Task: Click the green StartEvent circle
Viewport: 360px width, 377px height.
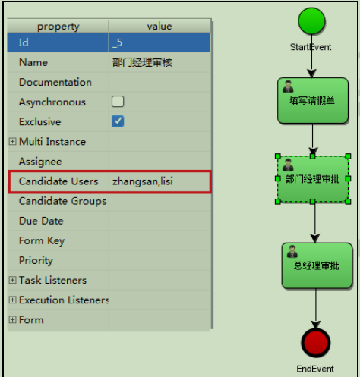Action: tap(311, 21)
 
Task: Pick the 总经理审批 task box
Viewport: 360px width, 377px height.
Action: tap(316, 265)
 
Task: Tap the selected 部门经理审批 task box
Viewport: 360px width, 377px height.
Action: tap(313, 179)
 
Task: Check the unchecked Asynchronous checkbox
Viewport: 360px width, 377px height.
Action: tap(118, 102)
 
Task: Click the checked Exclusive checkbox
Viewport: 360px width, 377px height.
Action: tap(118, 121)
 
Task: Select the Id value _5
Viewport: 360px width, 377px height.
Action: tap(117, 42)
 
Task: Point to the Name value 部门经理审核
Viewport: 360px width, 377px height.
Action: tap(142, 62)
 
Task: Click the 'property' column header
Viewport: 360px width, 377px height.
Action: tap(58, 27)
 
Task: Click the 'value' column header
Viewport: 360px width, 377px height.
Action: tap(159, 27)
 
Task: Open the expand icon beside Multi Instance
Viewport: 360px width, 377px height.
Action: tap(12, 142)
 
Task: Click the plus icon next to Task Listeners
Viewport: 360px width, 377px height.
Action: tap(12, 280)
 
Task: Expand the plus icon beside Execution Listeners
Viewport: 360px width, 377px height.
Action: tap(12, 300)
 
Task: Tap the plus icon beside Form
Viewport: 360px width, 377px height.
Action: tap(12, 319)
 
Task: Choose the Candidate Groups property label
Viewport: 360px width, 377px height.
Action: tap(62, 201)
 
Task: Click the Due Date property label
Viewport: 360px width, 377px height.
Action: tap(41, 221)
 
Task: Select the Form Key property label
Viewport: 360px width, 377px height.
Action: tap(42, 240)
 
